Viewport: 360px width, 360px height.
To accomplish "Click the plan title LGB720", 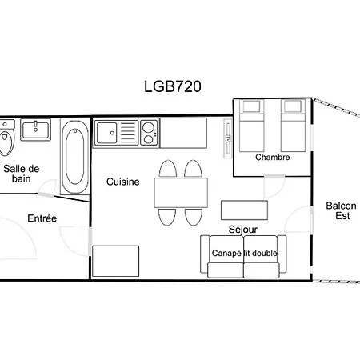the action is (x=173, y=86).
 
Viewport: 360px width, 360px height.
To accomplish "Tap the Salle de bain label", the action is (x=22, y=174).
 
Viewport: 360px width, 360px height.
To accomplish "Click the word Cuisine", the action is (x=123, y=182).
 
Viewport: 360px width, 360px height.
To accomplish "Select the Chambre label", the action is (x=273, y=157).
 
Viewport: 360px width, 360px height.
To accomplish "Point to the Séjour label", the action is (x=243, y=230).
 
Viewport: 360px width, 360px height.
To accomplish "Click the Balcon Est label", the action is (x=341, y=210).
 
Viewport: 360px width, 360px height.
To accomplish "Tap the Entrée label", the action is (x=42, y=218).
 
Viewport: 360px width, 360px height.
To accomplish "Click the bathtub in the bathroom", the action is (x=75, y=157).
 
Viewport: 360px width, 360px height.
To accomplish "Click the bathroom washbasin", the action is (x=36, y=130).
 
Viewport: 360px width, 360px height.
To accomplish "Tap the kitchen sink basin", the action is (x=106, y=133).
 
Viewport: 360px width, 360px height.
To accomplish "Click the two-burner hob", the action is (x=149, y=133).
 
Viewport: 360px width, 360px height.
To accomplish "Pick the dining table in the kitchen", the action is (x=181, y=193).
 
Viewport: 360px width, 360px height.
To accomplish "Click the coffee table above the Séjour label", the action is (x=244, y=210).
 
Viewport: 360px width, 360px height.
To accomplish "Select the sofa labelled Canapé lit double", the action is (x=243, y=257).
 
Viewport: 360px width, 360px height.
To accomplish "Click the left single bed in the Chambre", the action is (x=251, y=126).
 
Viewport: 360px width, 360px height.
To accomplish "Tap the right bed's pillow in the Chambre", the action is (x=293, y=106).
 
